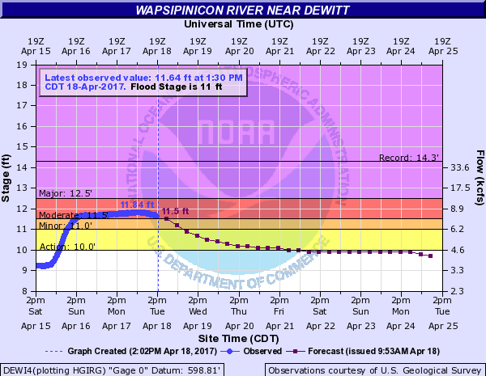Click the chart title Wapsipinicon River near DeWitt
point(242,11)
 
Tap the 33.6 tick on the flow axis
point(460,167)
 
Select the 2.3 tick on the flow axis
point(460,291)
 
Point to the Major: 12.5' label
point(60,193)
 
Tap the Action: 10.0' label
point(59,246)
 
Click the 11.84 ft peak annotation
point(136,205)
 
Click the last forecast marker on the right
point(430,256)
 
